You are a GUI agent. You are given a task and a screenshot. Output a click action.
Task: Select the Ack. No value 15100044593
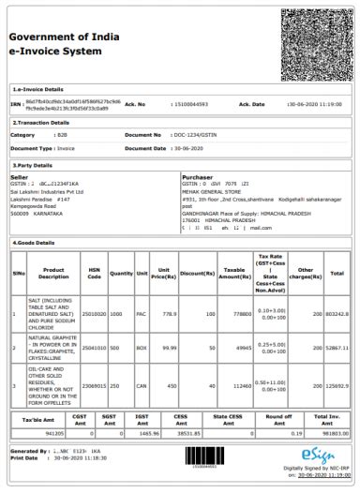[x=189, y=104]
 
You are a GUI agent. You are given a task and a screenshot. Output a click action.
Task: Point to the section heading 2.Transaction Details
[x=42, y=122]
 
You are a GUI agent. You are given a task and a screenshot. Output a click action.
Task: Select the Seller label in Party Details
[x=20, y=175]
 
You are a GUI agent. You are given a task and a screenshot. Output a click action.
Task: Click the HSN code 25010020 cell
[x=94, y=314]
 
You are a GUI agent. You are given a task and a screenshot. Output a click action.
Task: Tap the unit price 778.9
[x=170, y=314]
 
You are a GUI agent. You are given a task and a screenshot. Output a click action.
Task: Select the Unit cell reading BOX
[x=142, y=348]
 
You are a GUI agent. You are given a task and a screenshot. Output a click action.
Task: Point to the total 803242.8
[x=336, y=314]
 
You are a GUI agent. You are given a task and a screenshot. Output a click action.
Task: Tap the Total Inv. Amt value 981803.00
[x=326, y=434]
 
